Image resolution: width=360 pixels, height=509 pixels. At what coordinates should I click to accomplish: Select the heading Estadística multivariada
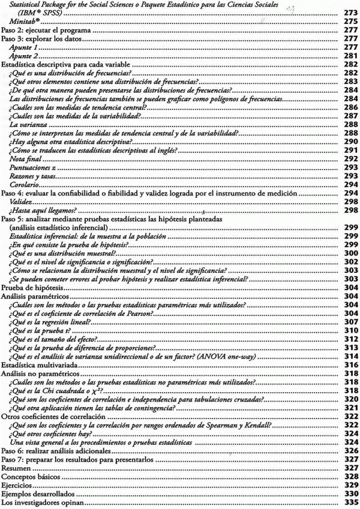pyautogui.click(x=38, y=364)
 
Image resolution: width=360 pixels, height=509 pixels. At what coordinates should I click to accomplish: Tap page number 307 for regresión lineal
pyautogui.click(x=351, y=321)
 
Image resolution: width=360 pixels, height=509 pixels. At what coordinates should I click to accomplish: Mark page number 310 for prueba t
pyautogui.click(x=351, y=330)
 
